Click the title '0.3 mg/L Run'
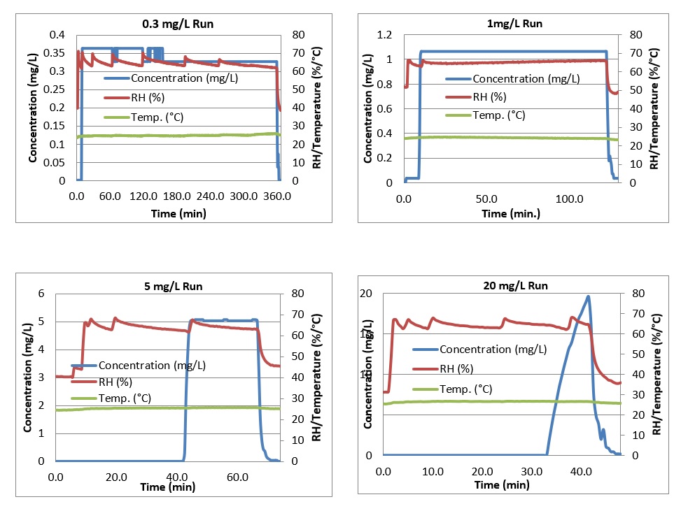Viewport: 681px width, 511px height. coord(178,24)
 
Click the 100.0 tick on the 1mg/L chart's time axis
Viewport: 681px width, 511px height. coord(569,199)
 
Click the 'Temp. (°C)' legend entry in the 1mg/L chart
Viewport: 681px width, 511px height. coord(498,115)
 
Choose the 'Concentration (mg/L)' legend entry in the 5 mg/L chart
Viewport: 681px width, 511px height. coord(152,365)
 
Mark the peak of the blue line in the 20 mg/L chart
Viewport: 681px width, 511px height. coord(588,296)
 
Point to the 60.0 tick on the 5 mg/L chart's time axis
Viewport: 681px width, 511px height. coord(238,477)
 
